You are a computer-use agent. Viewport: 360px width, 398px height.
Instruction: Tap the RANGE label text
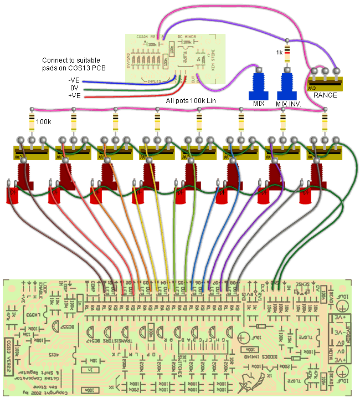click(325, 95)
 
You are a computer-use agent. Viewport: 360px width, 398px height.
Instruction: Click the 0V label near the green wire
click(74, 88)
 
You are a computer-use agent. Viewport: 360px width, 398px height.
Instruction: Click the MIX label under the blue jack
click(258, 103)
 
